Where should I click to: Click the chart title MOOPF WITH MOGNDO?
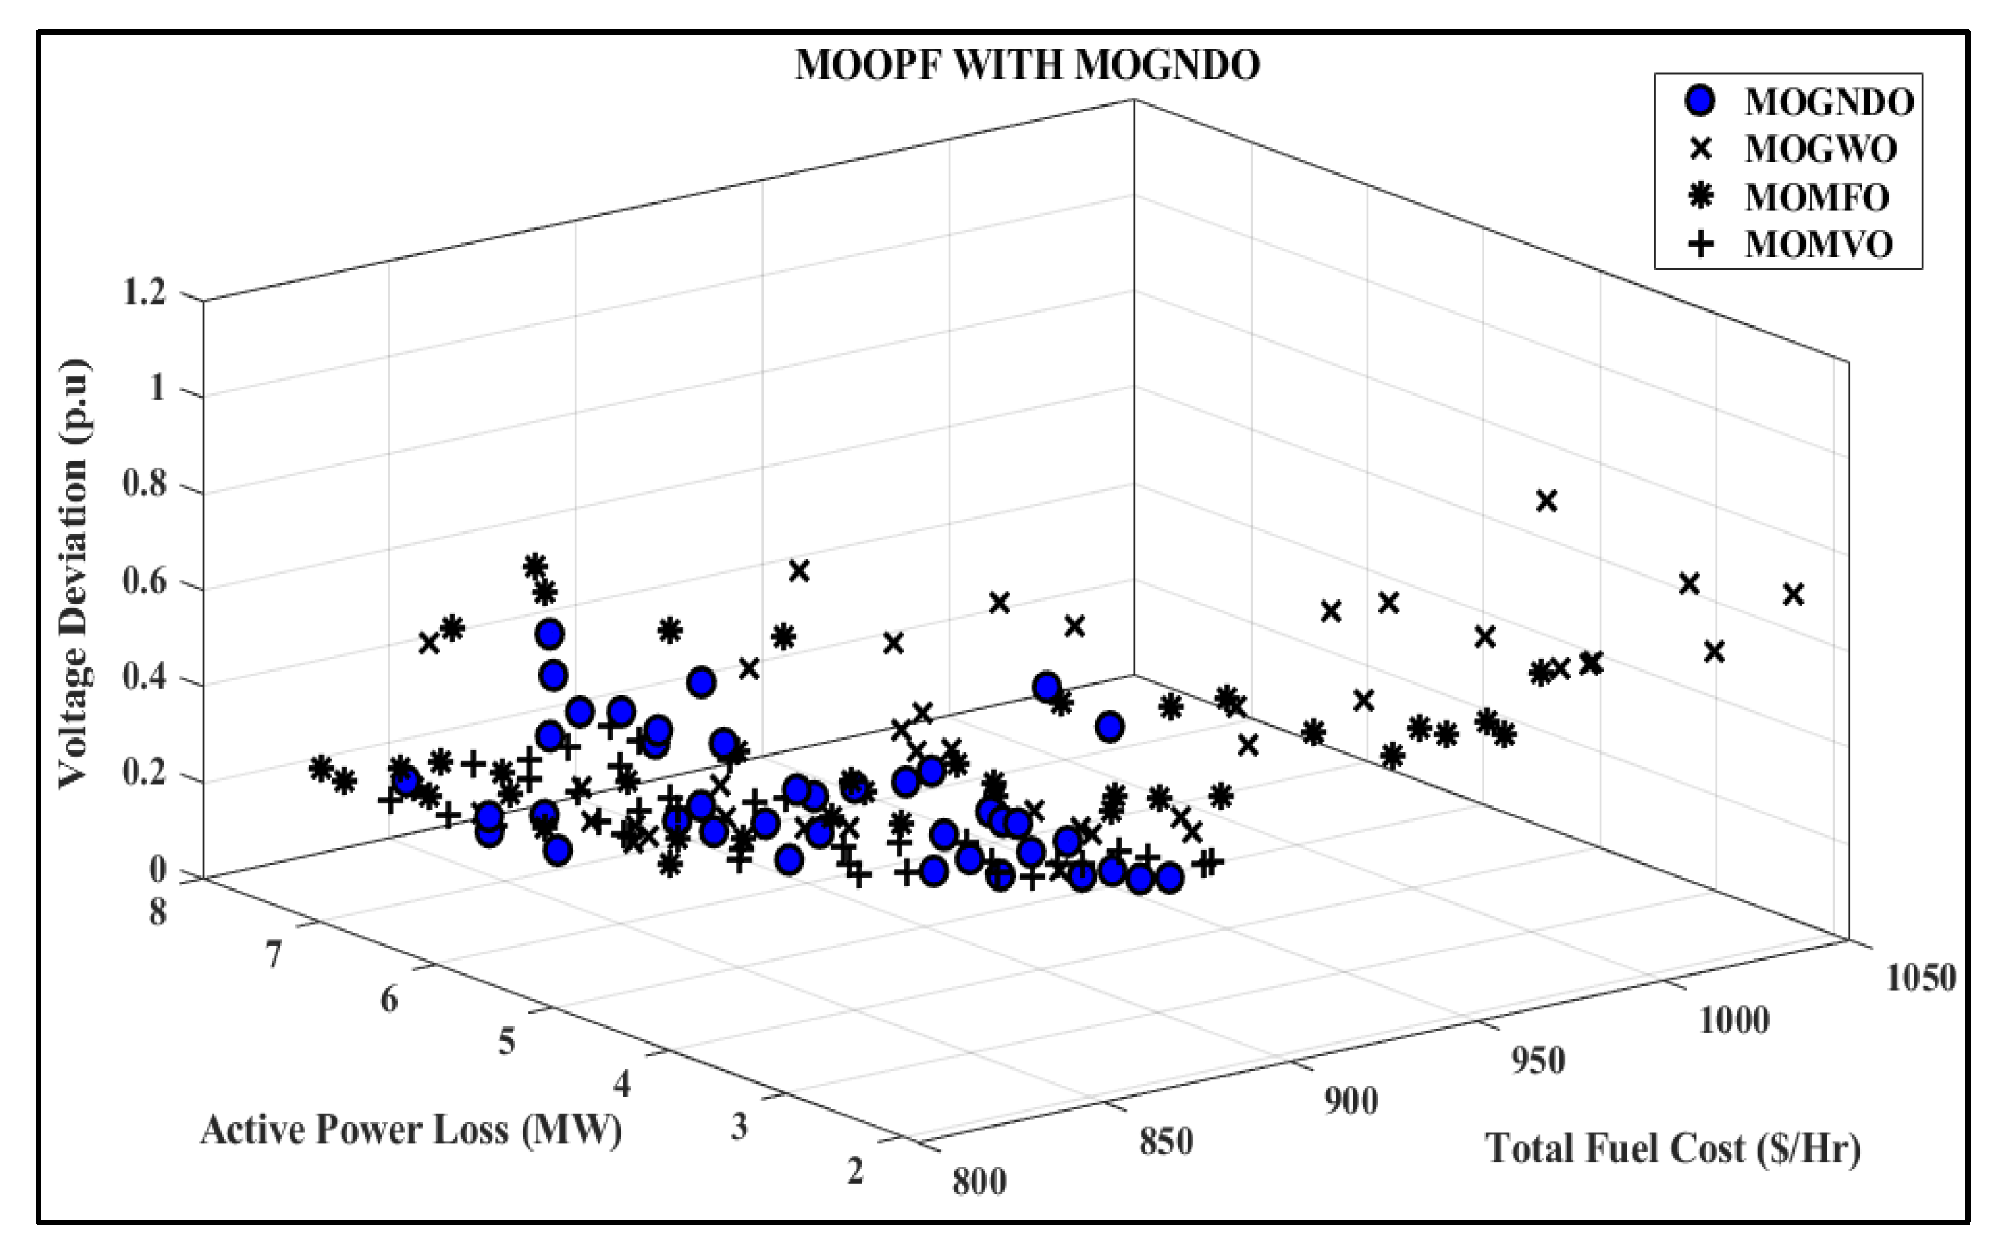1027,65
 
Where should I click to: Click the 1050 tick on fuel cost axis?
1920,978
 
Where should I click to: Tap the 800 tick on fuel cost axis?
979,1182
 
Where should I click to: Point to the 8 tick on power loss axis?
157,913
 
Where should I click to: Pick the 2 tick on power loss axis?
855,1171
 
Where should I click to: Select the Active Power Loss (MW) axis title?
411,1130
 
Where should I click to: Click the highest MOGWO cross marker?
1546,501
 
